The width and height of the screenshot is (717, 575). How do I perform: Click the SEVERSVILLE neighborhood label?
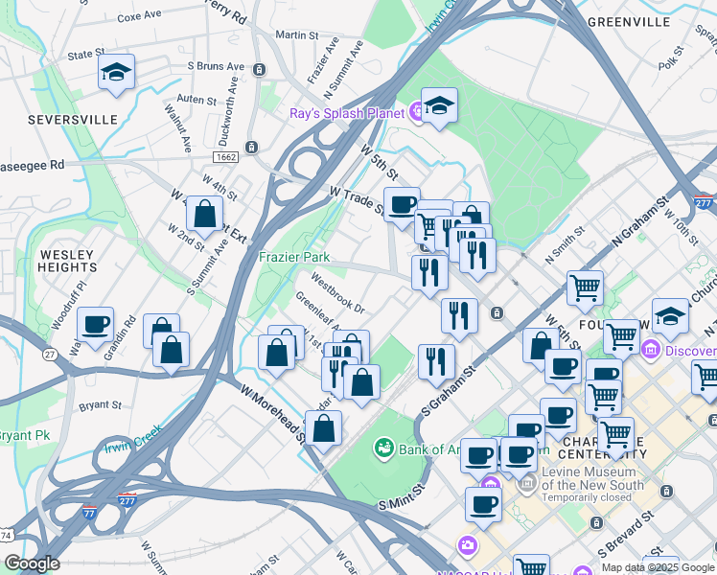coord(59,120)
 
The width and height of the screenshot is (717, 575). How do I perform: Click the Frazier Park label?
coord(294,257)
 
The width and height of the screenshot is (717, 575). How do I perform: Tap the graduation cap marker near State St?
coord(116,73)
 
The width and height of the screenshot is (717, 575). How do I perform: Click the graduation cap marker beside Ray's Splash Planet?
coord(439,106)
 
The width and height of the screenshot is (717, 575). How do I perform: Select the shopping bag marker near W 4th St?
coord(204,215)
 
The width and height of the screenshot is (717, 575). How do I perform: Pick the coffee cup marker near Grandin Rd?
coord(94,325)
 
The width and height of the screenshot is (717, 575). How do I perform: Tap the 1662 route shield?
coord(225,154)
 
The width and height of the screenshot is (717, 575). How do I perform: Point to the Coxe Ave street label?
coord(139,17)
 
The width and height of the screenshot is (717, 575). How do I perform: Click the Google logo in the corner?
coord(32,563)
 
